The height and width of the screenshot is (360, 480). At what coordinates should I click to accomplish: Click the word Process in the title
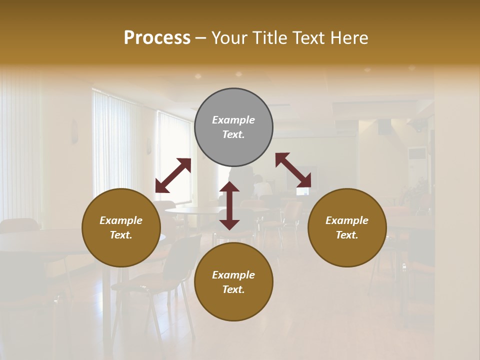[x=157, y=38]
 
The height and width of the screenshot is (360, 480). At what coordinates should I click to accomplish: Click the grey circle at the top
[x=233, y=127]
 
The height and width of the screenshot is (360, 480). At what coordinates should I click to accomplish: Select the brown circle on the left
[x=121, y=227]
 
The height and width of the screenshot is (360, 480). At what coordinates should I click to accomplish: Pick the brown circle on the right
[x=347, y=227]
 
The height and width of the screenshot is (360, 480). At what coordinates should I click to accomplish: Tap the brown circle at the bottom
[x=233, y=282]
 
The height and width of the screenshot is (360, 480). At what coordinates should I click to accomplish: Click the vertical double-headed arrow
[x=229, y=205]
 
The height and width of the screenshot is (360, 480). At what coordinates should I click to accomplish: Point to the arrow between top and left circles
[x=173, y=175]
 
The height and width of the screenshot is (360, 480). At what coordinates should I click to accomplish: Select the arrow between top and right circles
[x=293, y=170]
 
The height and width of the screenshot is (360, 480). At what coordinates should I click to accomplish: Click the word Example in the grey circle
[x=233, y=120]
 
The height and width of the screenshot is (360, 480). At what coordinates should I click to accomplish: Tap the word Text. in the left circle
[x=121, y=235]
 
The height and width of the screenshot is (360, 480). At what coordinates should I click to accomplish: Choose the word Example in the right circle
[x=347, y=220]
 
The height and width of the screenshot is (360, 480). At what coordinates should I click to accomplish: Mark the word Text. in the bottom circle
[x=233, y=289]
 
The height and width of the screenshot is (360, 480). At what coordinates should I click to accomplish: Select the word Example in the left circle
[x=121, y=220]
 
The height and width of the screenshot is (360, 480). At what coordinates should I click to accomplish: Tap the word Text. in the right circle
[x=347, y=235]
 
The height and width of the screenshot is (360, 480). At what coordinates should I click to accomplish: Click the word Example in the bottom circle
[x=233, y=275]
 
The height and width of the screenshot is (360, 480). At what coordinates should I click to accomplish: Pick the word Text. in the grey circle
[x=233, y=134]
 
